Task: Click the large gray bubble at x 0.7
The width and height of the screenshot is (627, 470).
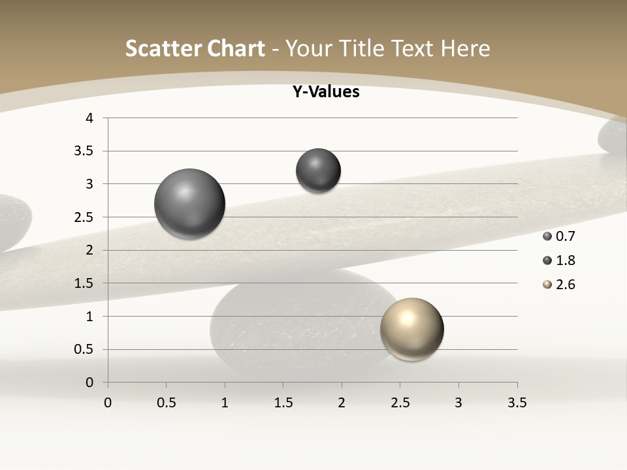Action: tap(190, 204)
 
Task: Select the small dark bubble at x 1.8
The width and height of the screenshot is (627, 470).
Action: tap(318, 170)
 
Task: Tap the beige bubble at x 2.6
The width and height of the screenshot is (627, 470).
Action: tap(411, 329)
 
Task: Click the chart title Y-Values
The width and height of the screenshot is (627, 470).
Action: tap(326, 92)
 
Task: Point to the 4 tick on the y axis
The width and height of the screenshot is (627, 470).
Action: tap(89, 118)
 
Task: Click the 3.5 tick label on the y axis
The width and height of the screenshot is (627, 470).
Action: tap(86, 151)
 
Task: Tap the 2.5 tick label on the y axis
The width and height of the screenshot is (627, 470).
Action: tap(86, 217)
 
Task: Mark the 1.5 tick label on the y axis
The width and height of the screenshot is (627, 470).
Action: tap(86, 283)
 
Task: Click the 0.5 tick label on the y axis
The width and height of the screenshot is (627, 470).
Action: tap(86, 349)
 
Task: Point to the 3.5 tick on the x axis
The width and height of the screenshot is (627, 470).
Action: tap(517, 403)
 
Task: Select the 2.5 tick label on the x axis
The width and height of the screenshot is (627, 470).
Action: tap(400, 403)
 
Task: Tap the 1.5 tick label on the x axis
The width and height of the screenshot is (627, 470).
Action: tap(283, 403)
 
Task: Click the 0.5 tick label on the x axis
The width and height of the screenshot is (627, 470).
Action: tap(166, 403)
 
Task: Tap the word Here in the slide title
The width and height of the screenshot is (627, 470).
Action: tap(465, 48)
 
